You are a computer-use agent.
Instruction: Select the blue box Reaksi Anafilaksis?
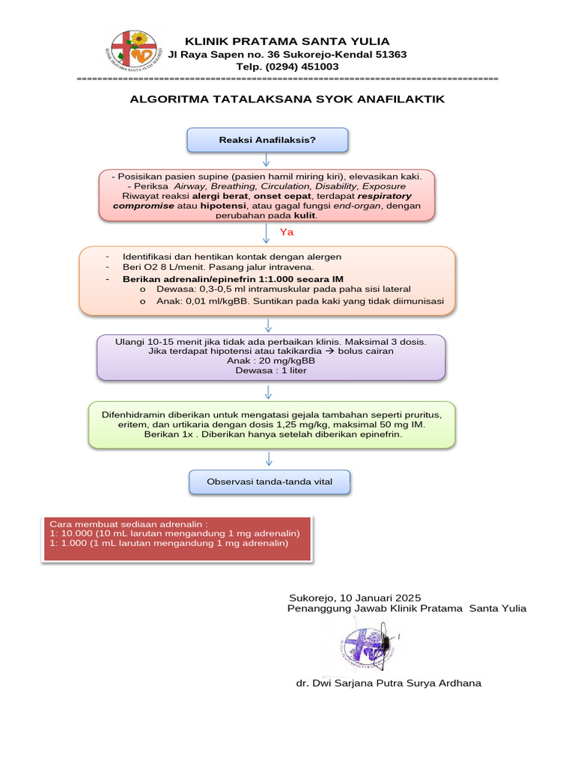pyautogui.click(x=267, y=140)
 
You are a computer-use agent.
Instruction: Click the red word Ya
pyautogui.click(x=286, y=233)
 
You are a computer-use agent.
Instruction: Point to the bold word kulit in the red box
pyautogui.click(x=305, y=215)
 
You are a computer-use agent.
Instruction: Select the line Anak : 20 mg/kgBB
pyautogui.click(x=270, y=361)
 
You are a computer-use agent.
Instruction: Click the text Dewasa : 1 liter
pyautogui.click(x=270, y=370)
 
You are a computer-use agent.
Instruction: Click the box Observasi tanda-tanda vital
pyautogui.click(x=270, y=482)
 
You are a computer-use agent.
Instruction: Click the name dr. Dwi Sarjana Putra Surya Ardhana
pyautogui.click(x=389, y=683)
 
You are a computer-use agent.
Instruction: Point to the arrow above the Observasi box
pyautogui.click(x=268, y=459)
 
